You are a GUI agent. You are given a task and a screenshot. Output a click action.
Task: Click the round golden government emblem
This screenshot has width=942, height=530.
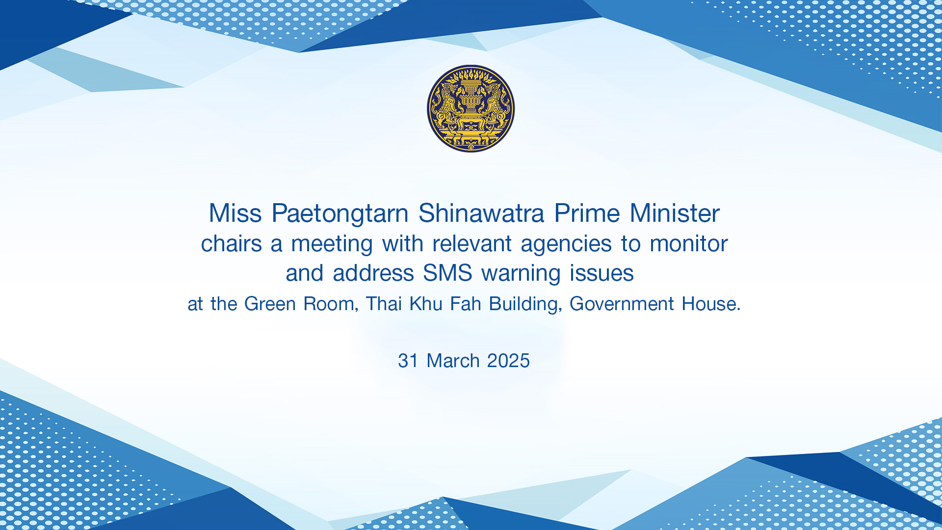(471, 108)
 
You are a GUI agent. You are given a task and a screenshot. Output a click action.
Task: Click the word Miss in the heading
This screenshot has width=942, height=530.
(235, 213)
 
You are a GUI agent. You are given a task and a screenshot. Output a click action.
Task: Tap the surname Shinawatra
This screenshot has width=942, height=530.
(481, 213)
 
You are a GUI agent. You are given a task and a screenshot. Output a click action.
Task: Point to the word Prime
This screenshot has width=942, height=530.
(587, 213)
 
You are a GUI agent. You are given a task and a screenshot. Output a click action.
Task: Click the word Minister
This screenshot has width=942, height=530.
(675, 213)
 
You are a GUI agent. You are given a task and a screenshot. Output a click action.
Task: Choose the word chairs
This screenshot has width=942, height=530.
(232, 243)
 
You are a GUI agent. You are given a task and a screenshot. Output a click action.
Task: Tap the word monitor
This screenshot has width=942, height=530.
(689, 244)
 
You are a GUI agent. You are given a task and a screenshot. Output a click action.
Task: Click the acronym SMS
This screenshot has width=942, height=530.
(447, 273)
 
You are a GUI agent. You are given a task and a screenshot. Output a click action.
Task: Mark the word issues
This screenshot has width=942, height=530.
(602, 273)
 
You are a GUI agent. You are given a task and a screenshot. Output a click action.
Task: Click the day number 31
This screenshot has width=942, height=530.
(408, 361)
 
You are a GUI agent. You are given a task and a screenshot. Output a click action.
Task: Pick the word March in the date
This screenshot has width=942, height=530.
(453, 361)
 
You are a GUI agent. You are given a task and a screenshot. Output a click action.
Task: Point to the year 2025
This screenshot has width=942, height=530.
(509, 361)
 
